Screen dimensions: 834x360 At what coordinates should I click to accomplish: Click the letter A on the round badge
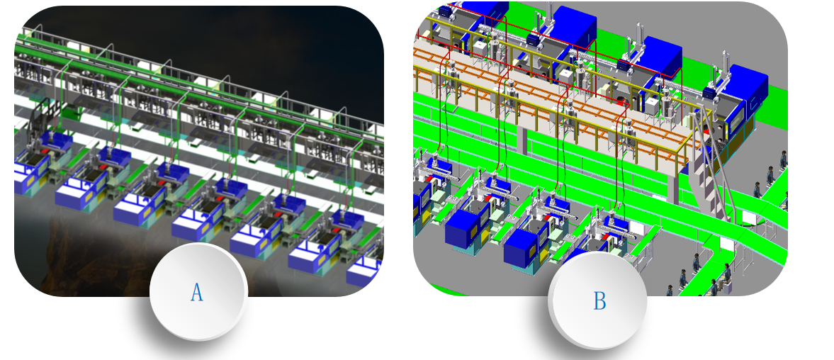tap(197, 292)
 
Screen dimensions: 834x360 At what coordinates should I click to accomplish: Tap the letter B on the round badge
tap(599, 301)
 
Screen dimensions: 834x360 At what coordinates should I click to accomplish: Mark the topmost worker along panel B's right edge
tap(783, 159)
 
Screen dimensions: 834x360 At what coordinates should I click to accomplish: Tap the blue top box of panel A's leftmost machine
tap(57, 141)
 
